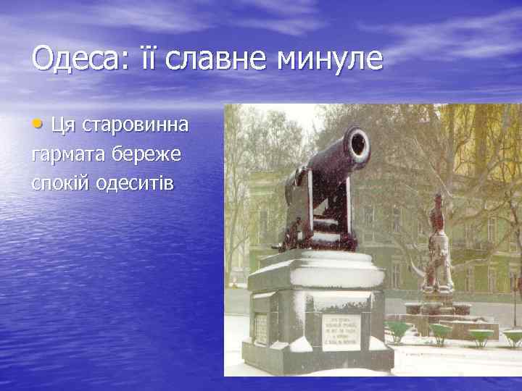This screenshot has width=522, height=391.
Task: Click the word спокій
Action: tap(61, 182)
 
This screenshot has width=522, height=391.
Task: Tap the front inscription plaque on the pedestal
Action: tap(341, 329)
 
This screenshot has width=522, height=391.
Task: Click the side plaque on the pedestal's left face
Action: tap(262, 328)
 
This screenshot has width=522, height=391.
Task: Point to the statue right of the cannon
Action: tap(437, 246)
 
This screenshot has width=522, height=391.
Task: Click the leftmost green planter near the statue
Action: tap(397, 332)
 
